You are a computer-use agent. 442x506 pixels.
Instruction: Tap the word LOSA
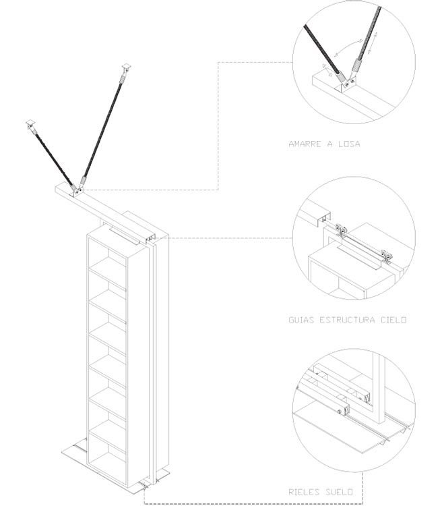point(350,144)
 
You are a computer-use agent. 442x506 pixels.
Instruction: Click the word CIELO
point(393,320)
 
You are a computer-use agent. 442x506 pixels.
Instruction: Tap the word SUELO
point(339,492)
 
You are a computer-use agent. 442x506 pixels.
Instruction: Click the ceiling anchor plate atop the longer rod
point(127,67)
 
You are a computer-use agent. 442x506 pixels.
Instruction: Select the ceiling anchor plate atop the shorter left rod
point(30,123)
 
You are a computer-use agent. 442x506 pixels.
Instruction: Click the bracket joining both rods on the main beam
point(77,190)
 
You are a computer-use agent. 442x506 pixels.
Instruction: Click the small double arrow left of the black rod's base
point(327,69)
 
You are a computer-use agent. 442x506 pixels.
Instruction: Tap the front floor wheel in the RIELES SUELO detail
point(339,412)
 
